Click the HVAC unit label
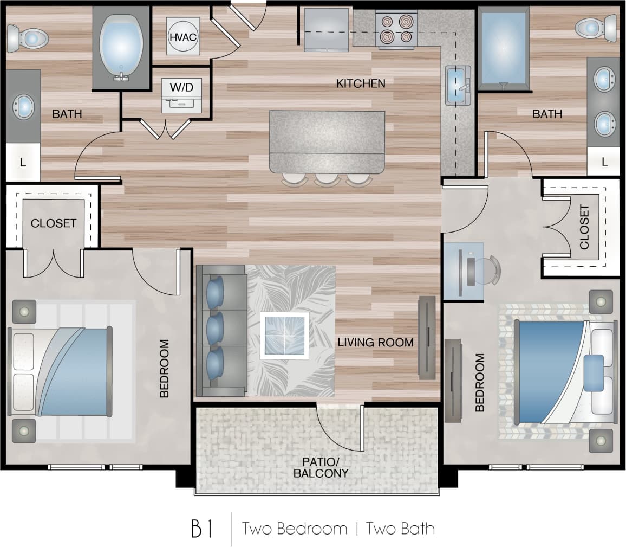point(182,37)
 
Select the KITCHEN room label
point(361,83)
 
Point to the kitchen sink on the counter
point(458,86)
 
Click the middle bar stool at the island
point(327,179)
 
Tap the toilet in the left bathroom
point(28,38)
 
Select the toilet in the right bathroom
point(596,27)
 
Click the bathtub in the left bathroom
point(121,48)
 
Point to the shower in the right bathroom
point(503,48)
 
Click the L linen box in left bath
point(23,162)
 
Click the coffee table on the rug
point(284,334)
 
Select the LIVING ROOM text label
point(375,343)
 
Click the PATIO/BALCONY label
point(321,467)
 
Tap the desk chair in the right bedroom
point(488,270)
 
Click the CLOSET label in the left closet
point(53,223)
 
